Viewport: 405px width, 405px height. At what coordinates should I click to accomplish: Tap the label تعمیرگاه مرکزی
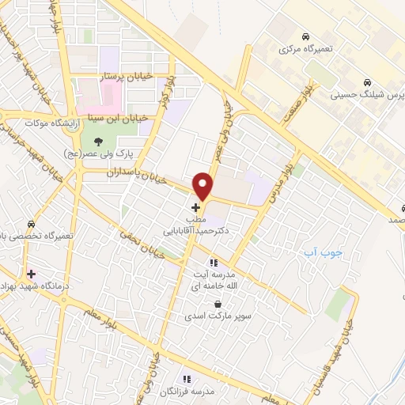[306, 48]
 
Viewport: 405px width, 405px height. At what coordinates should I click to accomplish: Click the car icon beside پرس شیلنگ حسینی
[367, 82]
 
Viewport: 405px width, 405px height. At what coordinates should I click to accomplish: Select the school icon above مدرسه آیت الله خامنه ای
[213, 262]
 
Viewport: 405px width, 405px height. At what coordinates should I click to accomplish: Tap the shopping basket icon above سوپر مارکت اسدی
[217, 304]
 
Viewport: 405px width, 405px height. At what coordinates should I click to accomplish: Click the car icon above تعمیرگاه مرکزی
[305, 36]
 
